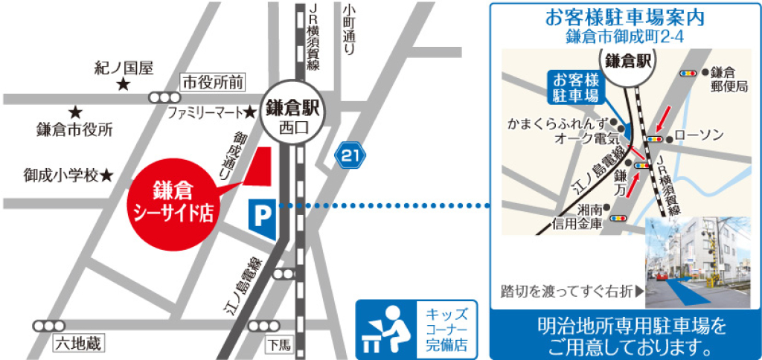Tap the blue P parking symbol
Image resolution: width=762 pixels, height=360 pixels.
pyautogui.click(x=260, y=216)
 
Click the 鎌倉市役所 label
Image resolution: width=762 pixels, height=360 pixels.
pyautogui.click(x=75, y=129)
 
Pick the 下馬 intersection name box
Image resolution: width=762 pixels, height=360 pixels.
pyautogui.click(x=279, y=344)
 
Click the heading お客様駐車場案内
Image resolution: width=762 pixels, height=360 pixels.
pyautogui.click(x=625, y=16)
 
